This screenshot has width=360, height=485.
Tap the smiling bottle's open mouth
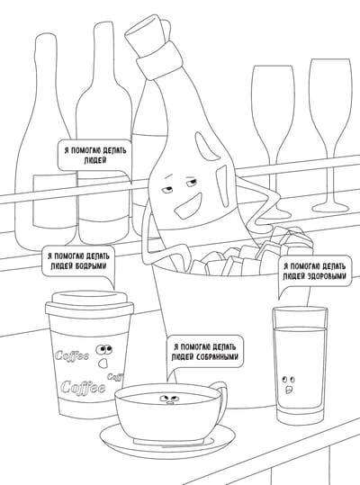tap(188, 206)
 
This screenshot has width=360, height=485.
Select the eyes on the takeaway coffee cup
tap(103, 349)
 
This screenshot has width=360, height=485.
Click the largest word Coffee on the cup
tap(83, 387)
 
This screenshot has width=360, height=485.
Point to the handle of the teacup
tap(221, 399)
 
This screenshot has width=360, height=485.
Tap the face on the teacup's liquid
tap(169, 399)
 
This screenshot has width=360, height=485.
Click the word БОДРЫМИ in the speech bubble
tap(91, 266)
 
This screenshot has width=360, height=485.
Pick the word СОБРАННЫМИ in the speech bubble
tap(218, 356)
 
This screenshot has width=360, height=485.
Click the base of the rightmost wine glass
tap(330, 206)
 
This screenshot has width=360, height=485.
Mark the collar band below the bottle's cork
tap(160, 59)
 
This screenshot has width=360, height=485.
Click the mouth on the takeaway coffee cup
tap(103, 363)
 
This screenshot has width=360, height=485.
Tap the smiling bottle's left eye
tap(168, 188)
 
